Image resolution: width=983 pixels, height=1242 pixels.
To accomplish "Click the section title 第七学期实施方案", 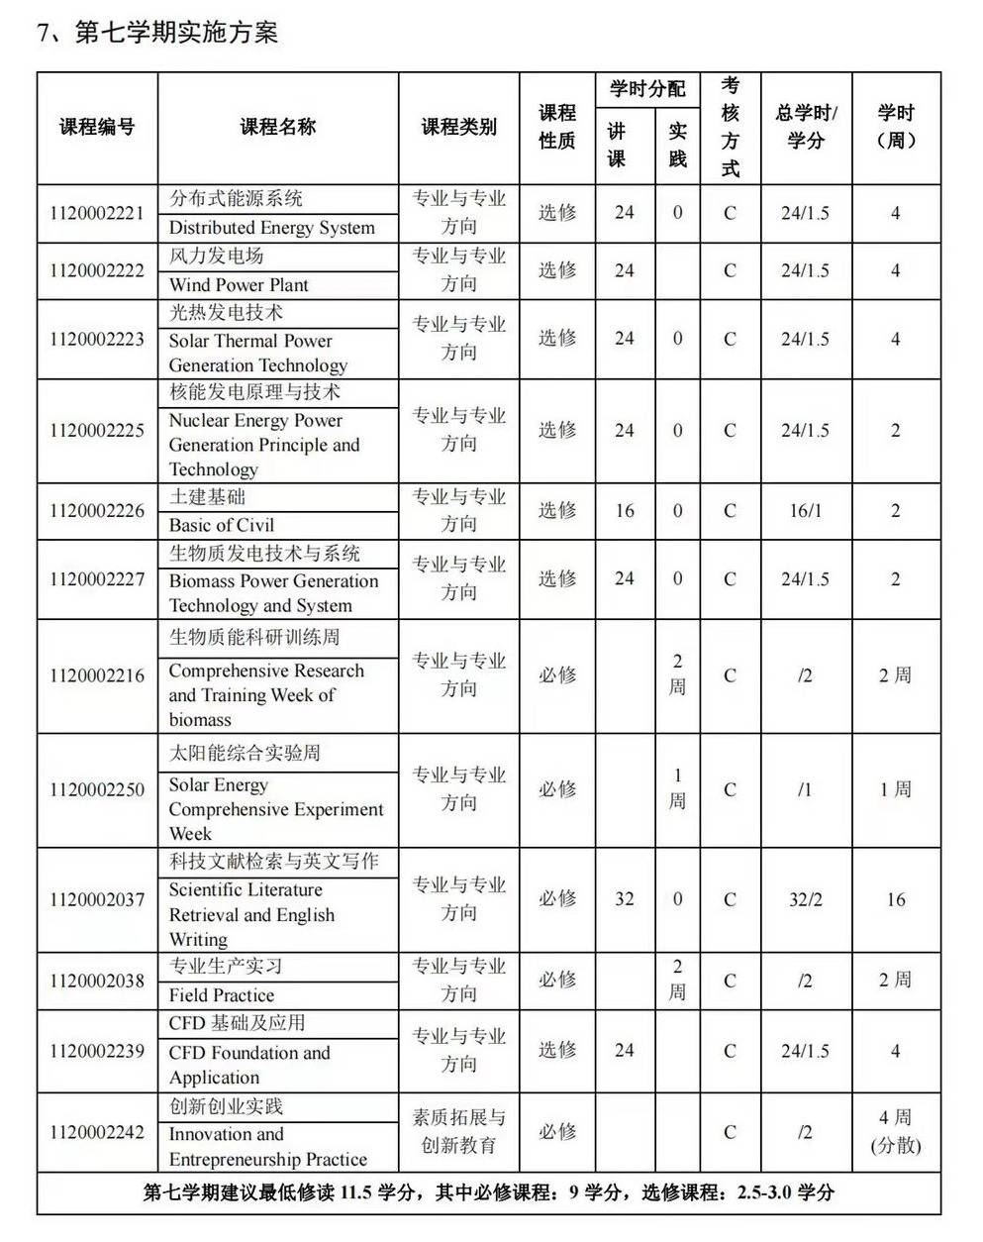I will click(x=158, y=32).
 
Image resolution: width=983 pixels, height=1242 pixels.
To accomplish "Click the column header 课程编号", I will click(x=97, y=127).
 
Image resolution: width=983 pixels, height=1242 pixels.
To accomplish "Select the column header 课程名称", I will click(x=277, y=127).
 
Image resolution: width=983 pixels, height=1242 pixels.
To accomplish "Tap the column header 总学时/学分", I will click(x=806, y=127).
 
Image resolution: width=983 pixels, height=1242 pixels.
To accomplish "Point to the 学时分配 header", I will click(x=647, y=89).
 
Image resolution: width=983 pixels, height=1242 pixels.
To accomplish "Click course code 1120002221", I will click(x=97, y=213).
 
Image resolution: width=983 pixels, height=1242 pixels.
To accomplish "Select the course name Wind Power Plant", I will click(x=239, y=285).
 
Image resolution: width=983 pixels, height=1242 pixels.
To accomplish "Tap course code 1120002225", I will click(x=97, y=431).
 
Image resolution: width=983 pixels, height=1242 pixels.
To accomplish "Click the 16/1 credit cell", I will click(x=806, y=511).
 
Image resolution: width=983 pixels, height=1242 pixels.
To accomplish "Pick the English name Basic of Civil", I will click(x=222, y=525).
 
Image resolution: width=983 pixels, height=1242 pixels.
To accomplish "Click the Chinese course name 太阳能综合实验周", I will click(x=245, y=753).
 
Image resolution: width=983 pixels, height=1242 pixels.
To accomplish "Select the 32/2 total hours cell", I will click(x=806, y=899).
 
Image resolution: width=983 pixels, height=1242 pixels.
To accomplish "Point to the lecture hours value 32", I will click(x=624, y=899).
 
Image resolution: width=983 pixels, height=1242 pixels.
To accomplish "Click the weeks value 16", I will click(x=895, y=899).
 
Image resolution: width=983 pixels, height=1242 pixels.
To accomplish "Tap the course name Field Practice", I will click(x=222, y=995).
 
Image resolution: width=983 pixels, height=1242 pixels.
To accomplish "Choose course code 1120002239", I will click(x=97, y=1051).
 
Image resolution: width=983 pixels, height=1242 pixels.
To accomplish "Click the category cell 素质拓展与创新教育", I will click(x=458, y=1131).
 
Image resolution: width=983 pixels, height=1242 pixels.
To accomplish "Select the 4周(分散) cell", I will click(x=895, y=1131).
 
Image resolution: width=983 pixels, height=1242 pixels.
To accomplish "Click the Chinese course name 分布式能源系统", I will click(x=236, y=198).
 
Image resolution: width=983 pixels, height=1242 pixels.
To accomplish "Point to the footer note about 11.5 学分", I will click(x=488, y=1192).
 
